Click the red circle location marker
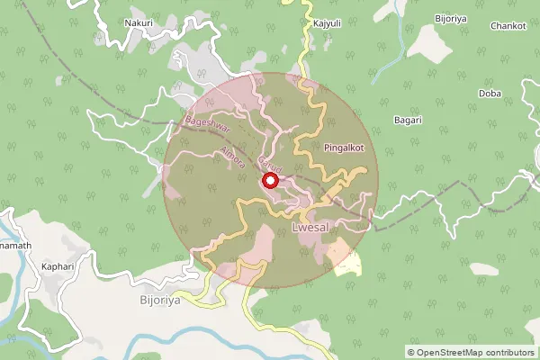coord(269,182)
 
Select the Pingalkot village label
coord(344,146)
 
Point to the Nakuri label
coord(139,22)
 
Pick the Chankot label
coord(508,26)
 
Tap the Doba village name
coord(490,93)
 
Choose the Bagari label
coord(409,120)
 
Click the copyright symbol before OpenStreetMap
coord(411,352)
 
